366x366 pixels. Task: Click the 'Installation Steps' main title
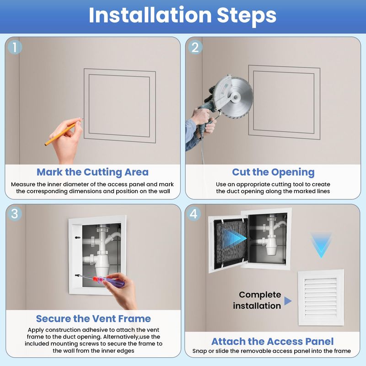[183, 16]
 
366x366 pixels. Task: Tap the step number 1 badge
[15, 47]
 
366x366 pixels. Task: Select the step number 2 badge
[195, 47]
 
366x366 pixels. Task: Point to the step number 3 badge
[15, 214]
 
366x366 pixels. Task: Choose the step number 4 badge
[194, 214]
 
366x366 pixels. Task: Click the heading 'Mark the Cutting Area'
[93, 172]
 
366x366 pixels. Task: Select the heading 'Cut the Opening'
[273, 172]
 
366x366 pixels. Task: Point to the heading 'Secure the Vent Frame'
[93, 318]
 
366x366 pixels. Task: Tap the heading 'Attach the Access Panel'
[272, 341]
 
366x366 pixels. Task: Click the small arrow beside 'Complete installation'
[288, 301]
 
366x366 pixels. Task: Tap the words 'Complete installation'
[257, 300]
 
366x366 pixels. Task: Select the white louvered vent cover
[321, 298]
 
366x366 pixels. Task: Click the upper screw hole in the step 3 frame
[77, 237]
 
